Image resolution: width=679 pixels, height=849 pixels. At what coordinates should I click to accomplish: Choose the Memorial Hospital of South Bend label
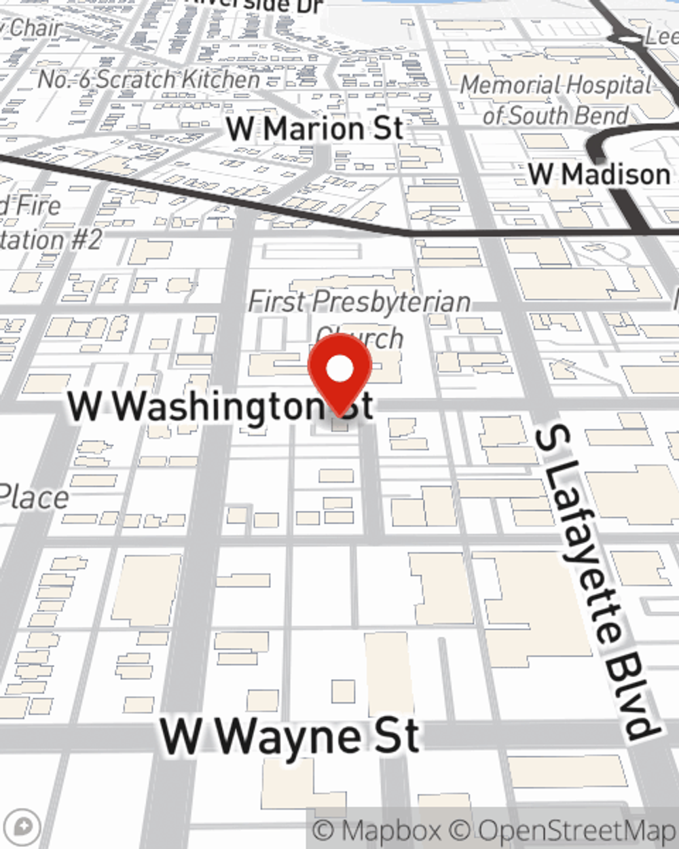click(x=556, y=100)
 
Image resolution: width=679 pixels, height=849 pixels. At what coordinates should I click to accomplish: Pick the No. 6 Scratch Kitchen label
click(x=149, y=79)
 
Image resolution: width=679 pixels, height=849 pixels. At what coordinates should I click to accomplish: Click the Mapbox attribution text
click(x=378, y=831)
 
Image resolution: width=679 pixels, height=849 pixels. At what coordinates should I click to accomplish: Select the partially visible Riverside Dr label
click(x=255, y=5)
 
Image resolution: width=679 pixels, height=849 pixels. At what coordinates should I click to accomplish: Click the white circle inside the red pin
click(x=339, y=369)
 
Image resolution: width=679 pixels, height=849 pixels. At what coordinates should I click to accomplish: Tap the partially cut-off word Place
click(x=34, y=498)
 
